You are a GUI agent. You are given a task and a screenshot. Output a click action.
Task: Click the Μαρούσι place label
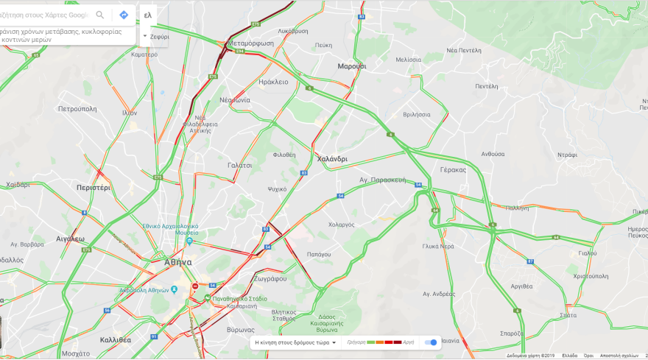pyautogui.click(x=352, y=66)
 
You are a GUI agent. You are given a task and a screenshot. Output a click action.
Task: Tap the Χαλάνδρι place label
pyautogui.click(x=331, y=159)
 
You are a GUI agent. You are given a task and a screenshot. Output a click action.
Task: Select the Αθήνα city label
pyautogui.click(x=177, y=262)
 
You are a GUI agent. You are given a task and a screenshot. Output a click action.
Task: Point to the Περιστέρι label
pyautogui.click(x=93, y=188)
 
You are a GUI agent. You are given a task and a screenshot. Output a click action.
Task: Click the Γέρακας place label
pyautogui.click(x=454, y=169)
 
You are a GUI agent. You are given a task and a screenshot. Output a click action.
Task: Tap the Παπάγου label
pyautogui.click(x=318, y=254)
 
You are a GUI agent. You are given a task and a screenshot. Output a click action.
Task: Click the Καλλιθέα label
pyautogui.click(x=115, y=340)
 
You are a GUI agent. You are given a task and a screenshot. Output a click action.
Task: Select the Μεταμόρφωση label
pyautogui.click(x=251, y=43)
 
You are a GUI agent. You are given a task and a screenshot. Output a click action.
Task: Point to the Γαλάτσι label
pyautogui.click(x=239, y=166)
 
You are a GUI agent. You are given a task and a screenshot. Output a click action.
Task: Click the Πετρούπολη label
pyautogui.click(x=77, y=108)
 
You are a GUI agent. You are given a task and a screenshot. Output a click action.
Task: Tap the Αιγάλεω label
pyautogui.click(x=71, y=239)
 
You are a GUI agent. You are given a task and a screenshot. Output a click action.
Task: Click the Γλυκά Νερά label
pyautogui.click(x=438, y=247)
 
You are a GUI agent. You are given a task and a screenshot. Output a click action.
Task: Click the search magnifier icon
pyautogui.click(x=100, y=15)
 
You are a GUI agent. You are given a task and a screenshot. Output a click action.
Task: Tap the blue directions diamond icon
pyautogui.click(x=124, y=15)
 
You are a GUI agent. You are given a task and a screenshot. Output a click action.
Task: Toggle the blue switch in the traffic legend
pyautogui.click(x=432, y=342)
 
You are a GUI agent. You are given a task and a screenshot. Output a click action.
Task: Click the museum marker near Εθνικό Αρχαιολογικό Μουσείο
pyautogui.click(x=189, y=241)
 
